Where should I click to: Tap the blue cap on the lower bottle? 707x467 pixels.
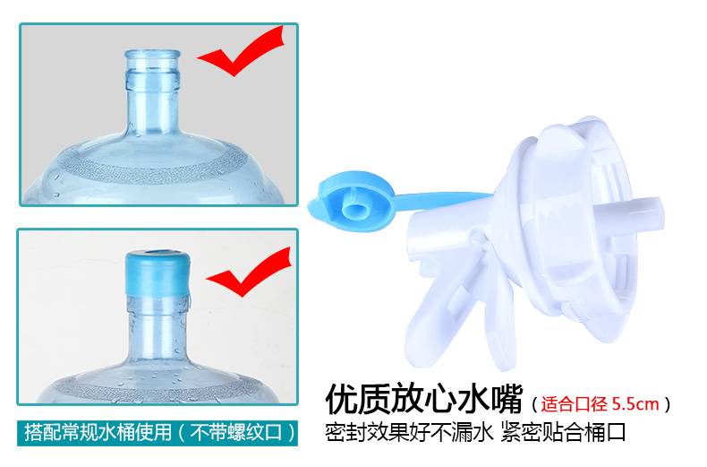click(x=158, y=272)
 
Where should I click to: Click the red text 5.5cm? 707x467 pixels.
click(x=635, y=403)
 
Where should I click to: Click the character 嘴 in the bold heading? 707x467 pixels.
click(x=505, y=399)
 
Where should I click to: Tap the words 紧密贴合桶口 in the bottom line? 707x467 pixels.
click(x=564, y=433)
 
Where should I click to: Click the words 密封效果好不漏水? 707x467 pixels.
click(x=408, y=433)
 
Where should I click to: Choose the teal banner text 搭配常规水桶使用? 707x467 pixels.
click(x=98, y=432)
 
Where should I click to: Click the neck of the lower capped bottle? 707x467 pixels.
click(x=158, y=325)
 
